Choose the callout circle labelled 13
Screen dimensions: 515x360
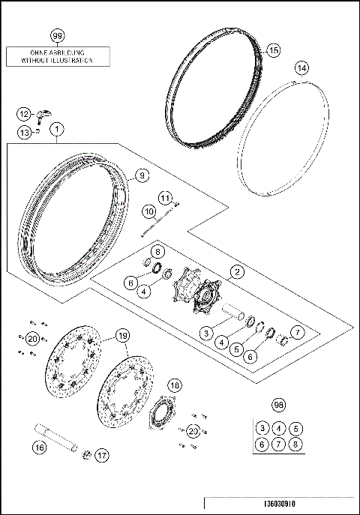tap(25, 133)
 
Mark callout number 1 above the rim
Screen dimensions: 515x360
tap(58, 129)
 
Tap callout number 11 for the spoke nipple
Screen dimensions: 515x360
tap(165, 197)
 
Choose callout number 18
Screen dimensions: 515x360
tap(174, 386)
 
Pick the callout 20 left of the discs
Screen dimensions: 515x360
tap(31, 339)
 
